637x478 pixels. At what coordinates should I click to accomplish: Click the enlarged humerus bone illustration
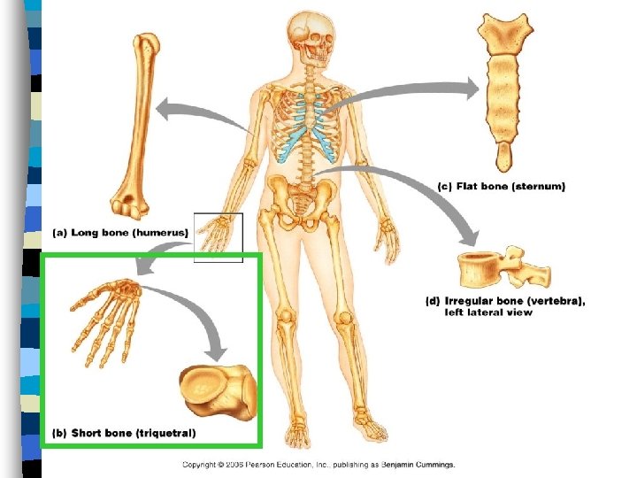(138, 124)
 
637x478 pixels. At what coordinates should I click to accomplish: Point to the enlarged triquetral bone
(218, 389)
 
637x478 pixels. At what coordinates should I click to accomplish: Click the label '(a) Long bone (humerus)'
(121, 232)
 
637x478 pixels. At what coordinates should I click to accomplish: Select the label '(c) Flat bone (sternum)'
(502, 187)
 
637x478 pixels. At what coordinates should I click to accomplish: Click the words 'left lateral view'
(488, 312)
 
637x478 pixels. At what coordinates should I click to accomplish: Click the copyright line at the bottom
(318, 464)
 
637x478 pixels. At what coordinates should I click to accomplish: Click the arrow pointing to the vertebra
(425, 195)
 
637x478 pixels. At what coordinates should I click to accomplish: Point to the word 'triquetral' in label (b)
(165, 433)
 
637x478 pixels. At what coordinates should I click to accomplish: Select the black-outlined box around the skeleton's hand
(218, 237)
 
